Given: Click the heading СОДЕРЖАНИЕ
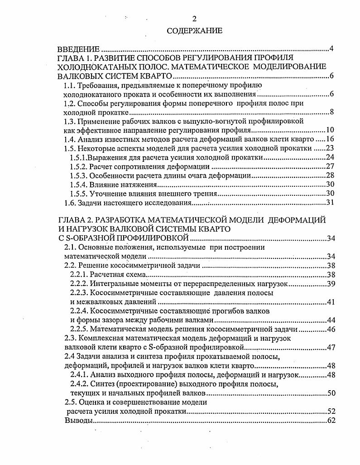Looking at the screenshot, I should [x=195, y=31].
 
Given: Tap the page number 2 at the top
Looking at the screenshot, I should [x=194, y=19].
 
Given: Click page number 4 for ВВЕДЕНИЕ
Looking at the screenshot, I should [x=331, y=49].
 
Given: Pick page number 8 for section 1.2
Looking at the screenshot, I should [x=331, y=112].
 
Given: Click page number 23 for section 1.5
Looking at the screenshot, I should [x=329, y=148].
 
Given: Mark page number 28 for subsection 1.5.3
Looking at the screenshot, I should [x=329, y=175].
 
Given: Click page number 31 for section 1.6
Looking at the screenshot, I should [x=329, y=202].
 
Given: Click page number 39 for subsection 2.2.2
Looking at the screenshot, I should [x=329, y=284].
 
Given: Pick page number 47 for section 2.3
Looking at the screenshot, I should [x=329, y=348].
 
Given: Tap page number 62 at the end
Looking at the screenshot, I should [x=329, y=421].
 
